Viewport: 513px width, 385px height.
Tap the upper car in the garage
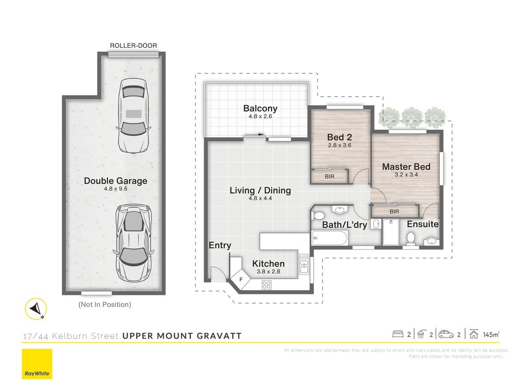tap(133, 115)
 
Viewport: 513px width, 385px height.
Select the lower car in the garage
tap(133, 242)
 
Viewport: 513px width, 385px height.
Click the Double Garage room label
tap(115, 181)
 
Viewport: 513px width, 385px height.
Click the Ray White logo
tap(37, 364)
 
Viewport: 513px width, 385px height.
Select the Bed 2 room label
tap(339, 137)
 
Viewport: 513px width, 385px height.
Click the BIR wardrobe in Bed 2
tap(330, 176)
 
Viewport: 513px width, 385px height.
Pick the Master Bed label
tap(406, 167)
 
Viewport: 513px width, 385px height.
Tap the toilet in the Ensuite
tap(411, 240)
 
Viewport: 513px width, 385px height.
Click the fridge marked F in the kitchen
tap(241, 279)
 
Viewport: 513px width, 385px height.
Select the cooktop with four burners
tap(267, 284)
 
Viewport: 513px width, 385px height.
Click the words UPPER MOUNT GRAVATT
tap(182, 336)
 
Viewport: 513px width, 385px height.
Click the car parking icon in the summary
tap(446, 334)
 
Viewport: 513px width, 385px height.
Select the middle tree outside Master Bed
tap(413, 115)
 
